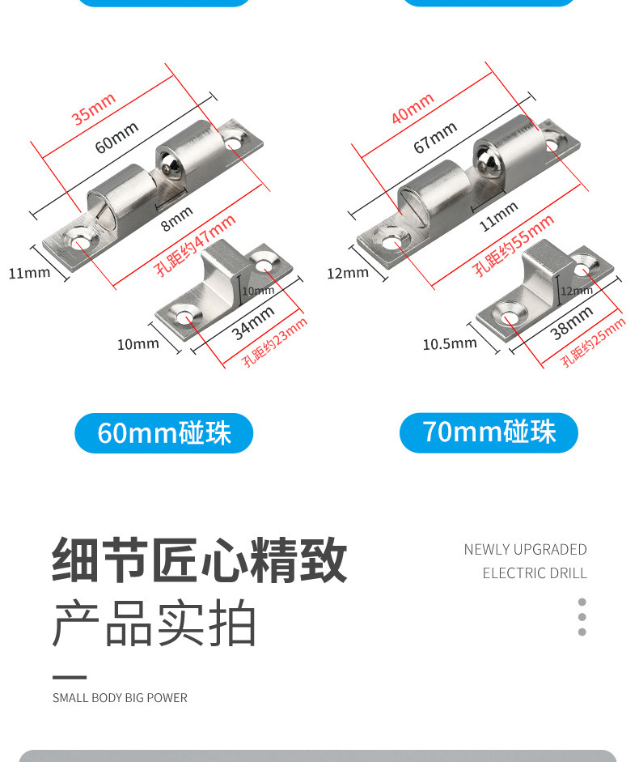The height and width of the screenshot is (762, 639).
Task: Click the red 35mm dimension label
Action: [x=94, y=109]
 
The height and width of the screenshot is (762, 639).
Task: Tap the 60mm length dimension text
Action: [x=117, y=137]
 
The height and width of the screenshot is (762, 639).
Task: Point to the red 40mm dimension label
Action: [x=413, y=109]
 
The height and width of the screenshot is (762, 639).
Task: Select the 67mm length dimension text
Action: [x=436, y=137]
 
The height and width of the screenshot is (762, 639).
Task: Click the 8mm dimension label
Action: [x=176, y=218]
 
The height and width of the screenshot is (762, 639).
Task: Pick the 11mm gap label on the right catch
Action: [x=498, y=216]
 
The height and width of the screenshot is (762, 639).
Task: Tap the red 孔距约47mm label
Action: [x=197, y=245]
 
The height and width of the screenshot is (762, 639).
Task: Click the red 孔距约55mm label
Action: [x=514, y=245]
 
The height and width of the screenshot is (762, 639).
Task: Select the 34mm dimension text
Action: [x=253, y=322]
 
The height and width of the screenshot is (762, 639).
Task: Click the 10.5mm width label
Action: [x=450, y=344]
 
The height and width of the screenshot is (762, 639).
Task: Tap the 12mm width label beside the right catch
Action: [x=347, y=274]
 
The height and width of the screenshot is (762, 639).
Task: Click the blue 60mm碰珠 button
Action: [x=164, y=433]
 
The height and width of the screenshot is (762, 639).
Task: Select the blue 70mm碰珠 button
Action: [x=489, y=432]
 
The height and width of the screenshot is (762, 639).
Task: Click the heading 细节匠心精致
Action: [x=200, y=560]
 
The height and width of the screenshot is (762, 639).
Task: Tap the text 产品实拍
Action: [x=154, y=624]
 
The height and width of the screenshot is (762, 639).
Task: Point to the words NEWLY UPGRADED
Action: [x=525, y=550]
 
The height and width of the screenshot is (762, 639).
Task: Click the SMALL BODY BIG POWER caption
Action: [x=120, y=698]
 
